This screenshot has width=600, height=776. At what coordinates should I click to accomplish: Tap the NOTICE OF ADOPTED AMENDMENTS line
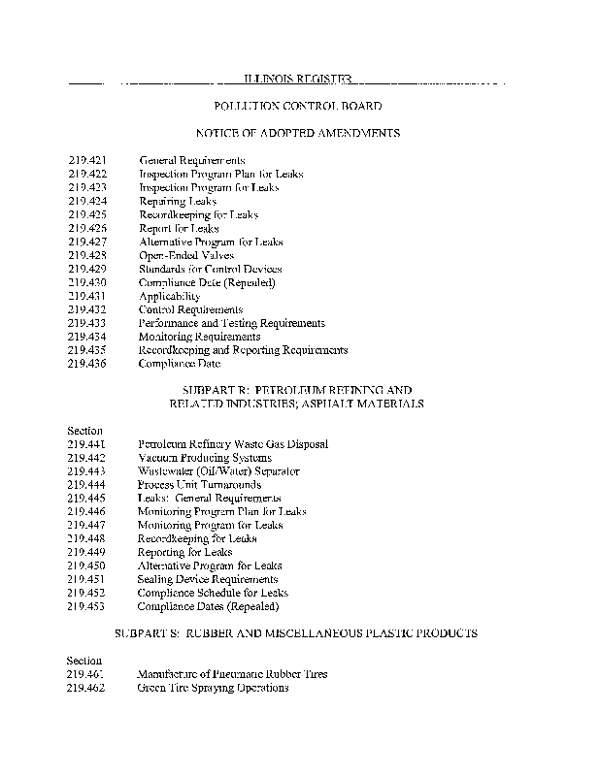coord(297,133)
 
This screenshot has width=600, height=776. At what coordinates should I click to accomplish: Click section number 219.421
coord(86,160)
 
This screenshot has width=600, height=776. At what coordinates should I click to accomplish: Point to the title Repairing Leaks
coord(178,201)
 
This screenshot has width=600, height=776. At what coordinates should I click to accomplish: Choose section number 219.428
coord(86,255)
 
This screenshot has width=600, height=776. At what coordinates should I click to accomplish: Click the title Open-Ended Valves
coord(186,255)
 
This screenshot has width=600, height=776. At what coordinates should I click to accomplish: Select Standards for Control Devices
coord(211,269)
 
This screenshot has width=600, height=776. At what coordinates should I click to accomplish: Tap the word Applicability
coord(169,296)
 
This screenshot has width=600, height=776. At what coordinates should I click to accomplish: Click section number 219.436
coord(86,364)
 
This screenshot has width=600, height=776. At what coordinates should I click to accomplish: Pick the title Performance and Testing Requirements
coord(231,323)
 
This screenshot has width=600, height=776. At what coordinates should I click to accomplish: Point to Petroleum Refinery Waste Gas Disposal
coord(233,444)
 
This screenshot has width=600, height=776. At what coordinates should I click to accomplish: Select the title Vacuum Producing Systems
coord(205,458)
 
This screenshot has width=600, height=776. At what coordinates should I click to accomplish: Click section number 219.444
coord(86,485)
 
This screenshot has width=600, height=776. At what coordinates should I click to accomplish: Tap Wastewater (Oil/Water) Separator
coord(218,471)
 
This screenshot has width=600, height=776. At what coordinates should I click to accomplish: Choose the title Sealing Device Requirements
coord(208,579)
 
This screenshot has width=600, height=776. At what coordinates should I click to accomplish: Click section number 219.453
coord(86,606)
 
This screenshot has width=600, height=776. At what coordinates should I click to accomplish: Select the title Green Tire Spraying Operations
coord(213,688)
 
